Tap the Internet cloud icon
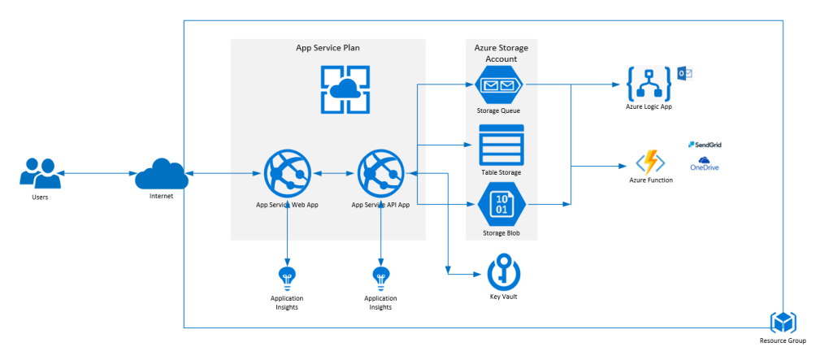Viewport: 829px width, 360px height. point(161,173)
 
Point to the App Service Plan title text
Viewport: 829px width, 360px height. point(328,48)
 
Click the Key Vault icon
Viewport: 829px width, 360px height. point(505,271)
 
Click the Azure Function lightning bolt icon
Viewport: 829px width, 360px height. point(650,161)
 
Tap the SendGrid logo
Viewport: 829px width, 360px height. point(705,145)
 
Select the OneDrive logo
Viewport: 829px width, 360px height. point(704,164)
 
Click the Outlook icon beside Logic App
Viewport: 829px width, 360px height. point(684,74)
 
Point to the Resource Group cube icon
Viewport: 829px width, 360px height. point(783,322)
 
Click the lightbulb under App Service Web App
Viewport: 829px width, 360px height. point(287,275)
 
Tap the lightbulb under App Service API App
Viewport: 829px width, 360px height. point(380,275)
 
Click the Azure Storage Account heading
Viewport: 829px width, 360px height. point(496,53)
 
